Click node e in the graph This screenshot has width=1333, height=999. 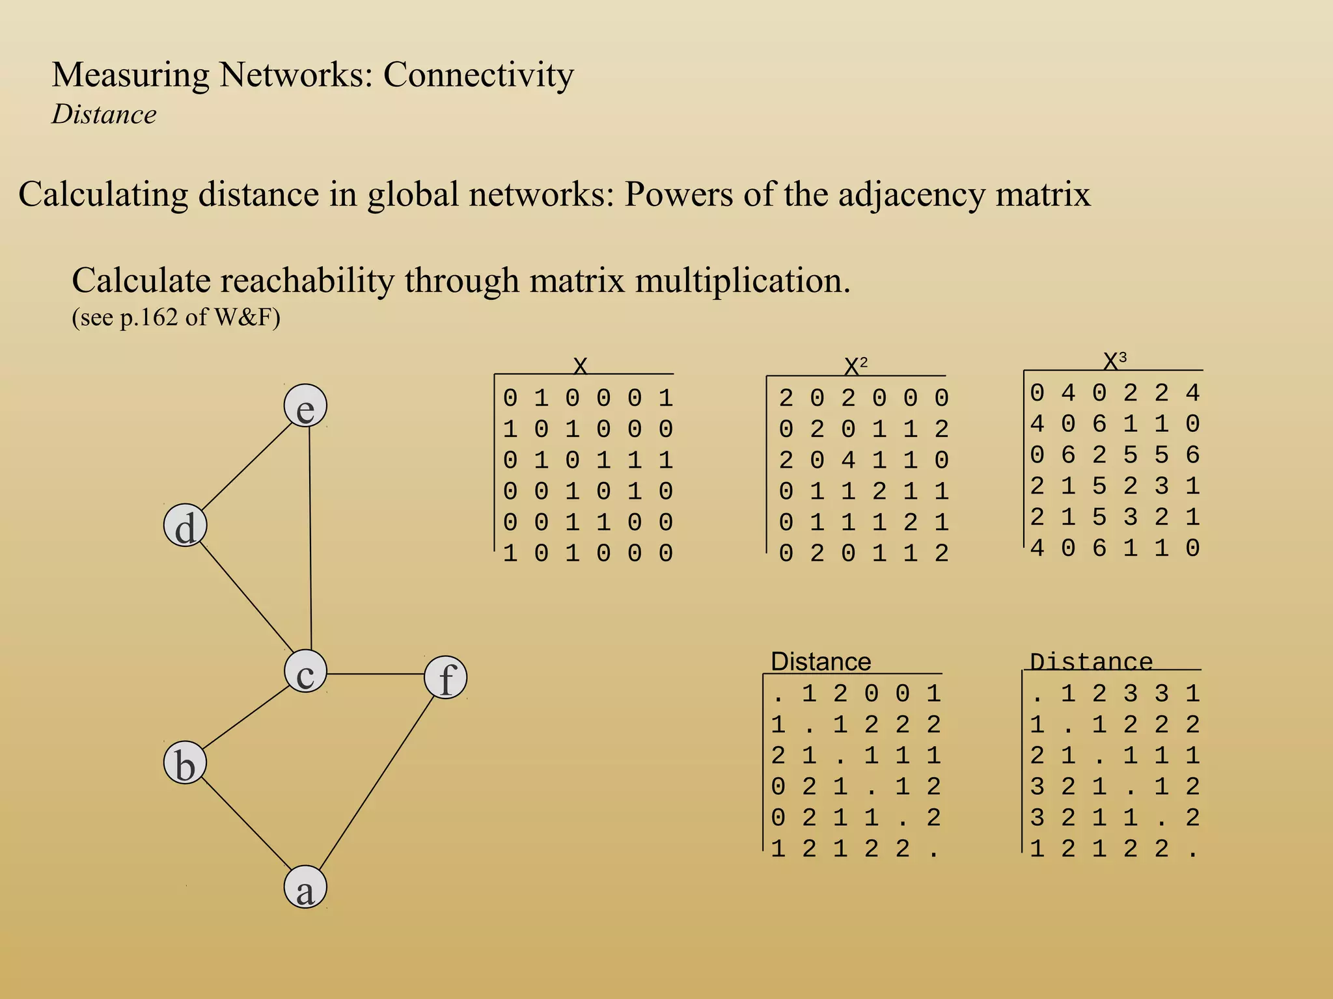point(305,406)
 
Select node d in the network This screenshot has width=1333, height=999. point(186,526)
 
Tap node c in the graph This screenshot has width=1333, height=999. point(305,672)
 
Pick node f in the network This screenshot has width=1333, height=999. point(446,678)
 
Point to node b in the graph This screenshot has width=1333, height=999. point(186,763)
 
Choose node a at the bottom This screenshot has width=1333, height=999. point(305,888)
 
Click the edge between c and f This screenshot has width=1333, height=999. point(376,674)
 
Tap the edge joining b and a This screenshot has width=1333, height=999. point(245,825)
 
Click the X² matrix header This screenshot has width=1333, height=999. point(855,367)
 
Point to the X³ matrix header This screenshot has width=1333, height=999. point(1114,360)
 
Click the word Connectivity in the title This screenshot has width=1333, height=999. point(478,75)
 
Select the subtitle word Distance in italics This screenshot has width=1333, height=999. point(104,115)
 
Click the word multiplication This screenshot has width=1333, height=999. point(742,281)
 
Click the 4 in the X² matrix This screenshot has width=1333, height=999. point(848,460)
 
